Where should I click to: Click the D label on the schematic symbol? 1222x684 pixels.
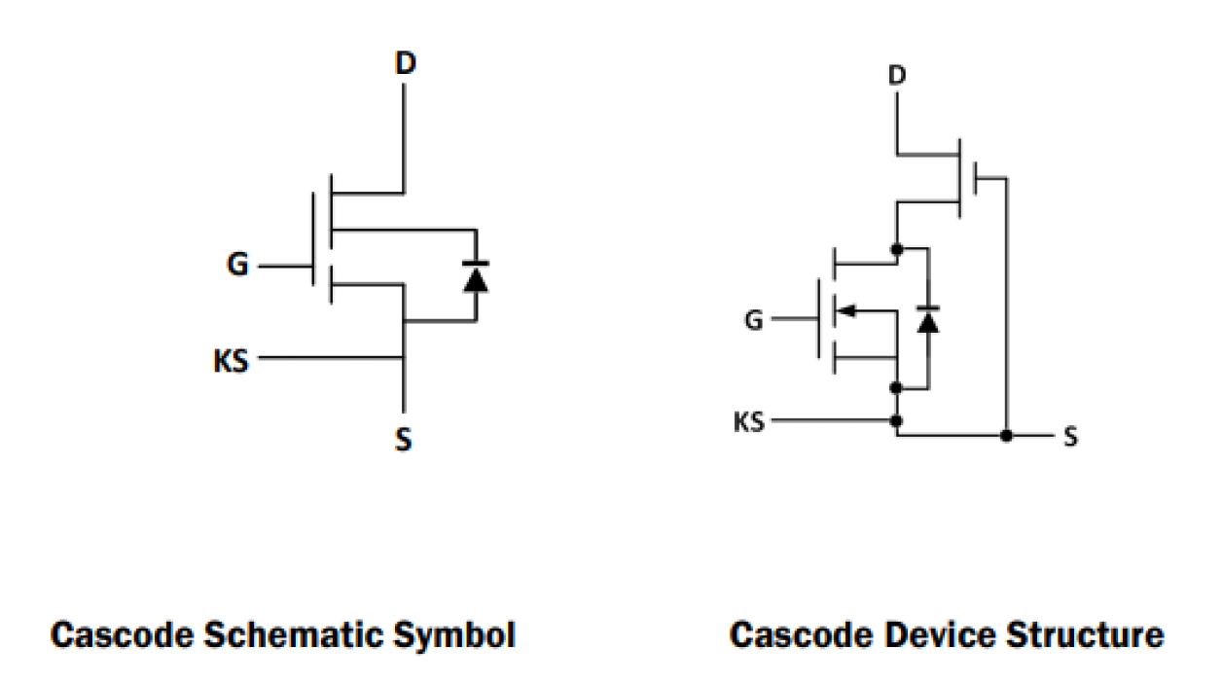pos(405,64)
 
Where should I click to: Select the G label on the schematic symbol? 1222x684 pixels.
pos(237,265)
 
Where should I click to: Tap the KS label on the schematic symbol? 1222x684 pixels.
pos(232,361)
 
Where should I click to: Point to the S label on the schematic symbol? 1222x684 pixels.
pos(403,440)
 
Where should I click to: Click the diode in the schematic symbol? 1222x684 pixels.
pos(475,276)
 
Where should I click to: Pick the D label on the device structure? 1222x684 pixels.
pos(897,74)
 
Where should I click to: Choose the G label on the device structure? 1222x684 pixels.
pos(754,318)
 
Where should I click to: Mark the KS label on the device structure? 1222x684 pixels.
pos(749,422)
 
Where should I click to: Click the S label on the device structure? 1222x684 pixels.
pos(1070,437)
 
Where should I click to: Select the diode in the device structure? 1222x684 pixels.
pos(929,318)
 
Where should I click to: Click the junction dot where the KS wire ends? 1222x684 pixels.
pos(896,421)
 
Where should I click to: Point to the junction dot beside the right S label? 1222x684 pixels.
pos(1007,436)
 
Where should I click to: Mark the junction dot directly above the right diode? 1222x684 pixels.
pos(896,249)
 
